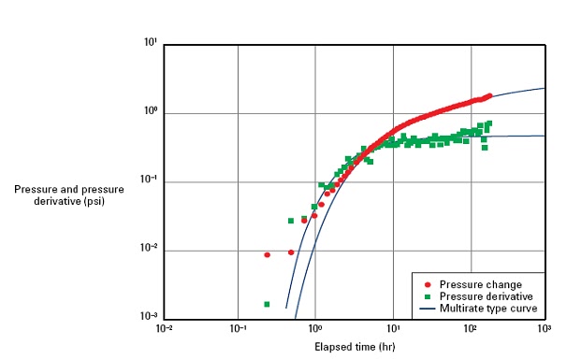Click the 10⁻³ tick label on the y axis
(150, 316)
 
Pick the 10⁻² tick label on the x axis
(164, 329)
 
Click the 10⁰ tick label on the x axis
(315, 329)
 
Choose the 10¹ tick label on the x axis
(393, 329)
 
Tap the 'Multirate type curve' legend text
(492, 307)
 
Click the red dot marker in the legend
(428, 283)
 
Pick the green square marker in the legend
(428, 295)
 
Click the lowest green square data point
(268, 304)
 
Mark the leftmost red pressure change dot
(268, 254)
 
